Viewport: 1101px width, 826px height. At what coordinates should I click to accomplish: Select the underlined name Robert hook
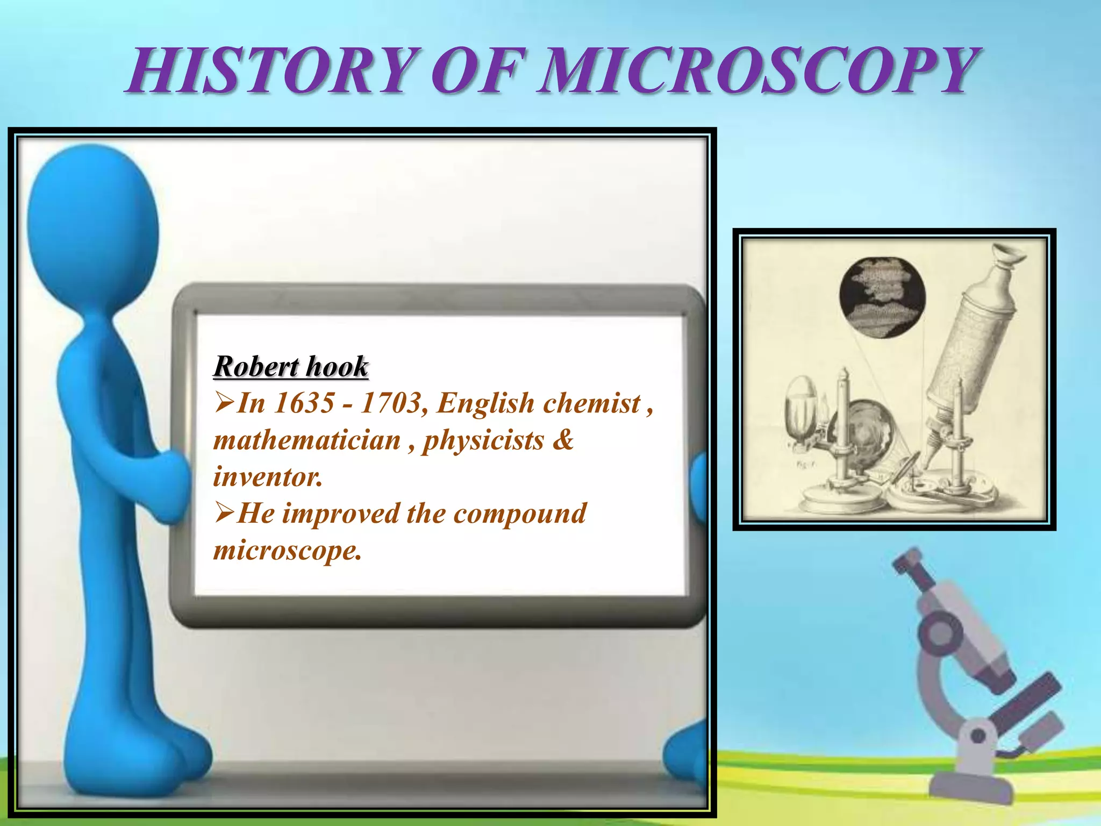291,367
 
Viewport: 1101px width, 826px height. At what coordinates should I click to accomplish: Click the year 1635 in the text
304,403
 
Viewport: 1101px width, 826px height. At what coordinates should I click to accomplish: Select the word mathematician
307,440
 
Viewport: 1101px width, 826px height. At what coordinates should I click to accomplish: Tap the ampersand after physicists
563,440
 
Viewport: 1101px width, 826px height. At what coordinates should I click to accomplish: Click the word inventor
268,476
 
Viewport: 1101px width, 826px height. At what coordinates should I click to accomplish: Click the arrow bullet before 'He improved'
224,513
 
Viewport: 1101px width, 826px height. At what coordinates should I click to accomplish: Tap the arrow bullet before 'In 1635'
224,403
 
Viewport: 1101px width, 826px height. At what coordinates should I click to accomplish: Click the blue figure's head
92,226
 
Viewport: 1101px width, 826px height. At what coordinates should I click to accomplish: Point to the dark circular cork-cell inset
882,297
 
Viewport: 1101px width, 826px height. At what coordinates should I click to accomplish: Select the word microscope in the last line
287,550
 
